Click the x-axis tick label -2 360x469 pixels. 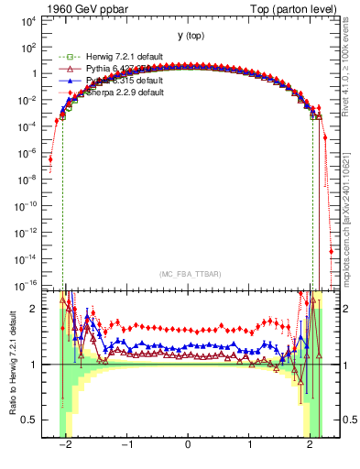[x=64, y=442]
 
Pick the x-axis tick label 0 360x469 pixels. [x=188, y=442]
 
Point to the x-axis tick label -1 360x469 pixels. [x=125, y=442]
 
